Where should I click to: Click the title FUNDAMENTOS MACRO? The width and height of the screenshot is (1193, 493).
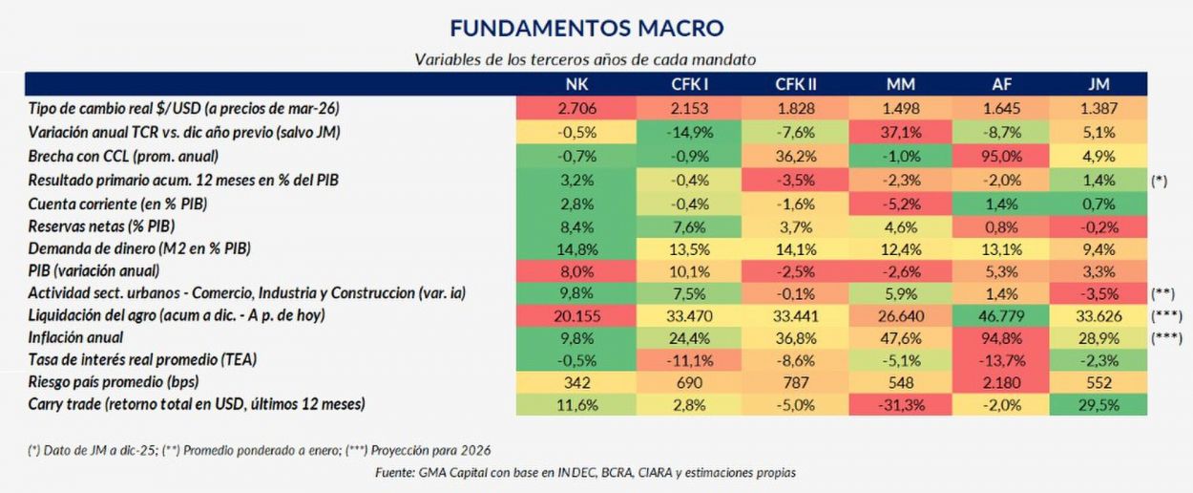[586, 27]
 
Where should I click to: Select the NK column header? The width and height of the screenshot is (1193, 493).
[576, 84]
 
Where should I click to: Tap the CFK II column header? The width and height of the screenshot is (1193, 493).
[795, 84]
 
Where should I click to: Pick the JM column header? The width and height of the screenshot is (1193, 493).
[1099, 84]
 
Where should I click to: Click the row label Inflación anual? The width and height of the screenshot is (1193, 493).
[76, 337]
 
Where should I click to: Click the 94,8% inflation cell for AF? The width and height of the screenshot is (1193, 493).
[994, 337]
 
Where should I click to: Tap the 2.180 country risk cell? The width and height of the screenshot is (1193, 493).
[994, 382]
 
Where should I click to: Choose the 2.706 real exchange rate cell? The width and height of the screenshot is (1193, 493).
[576, 108]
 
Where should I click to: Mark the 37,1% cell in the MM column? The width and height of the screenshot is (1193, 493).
[901, 131]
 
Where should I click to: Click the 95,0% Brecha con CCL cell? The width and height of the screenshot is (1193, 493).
[994, 156]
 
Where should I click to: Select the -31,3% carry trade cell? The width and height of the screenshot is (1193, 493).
[901, 404]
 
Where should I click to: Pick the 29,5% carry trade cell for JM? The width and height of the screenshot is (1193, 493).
[1099, 404]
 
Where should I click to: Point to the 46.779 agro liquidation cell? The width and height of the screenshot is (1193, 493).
[994, 315]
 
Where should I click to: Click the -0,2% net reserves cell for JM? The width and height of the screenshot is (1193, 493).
[1099, 225]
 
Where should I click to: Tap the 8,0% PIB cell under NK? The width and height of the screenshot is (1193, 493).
[576, 270]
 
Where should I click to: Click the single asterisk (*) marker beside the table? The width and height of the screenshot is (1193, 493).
[1160, 180]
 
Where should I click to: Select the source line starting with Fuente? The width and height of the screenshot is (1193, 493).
[585, 472]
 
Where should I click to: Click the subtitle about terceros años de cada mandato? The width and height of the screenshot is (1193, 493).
[585, 59]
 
